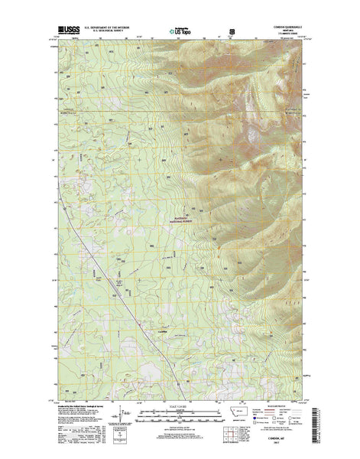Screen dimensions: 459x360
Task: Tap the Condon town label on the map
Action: pyautogui.click(x=161, y=331)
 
